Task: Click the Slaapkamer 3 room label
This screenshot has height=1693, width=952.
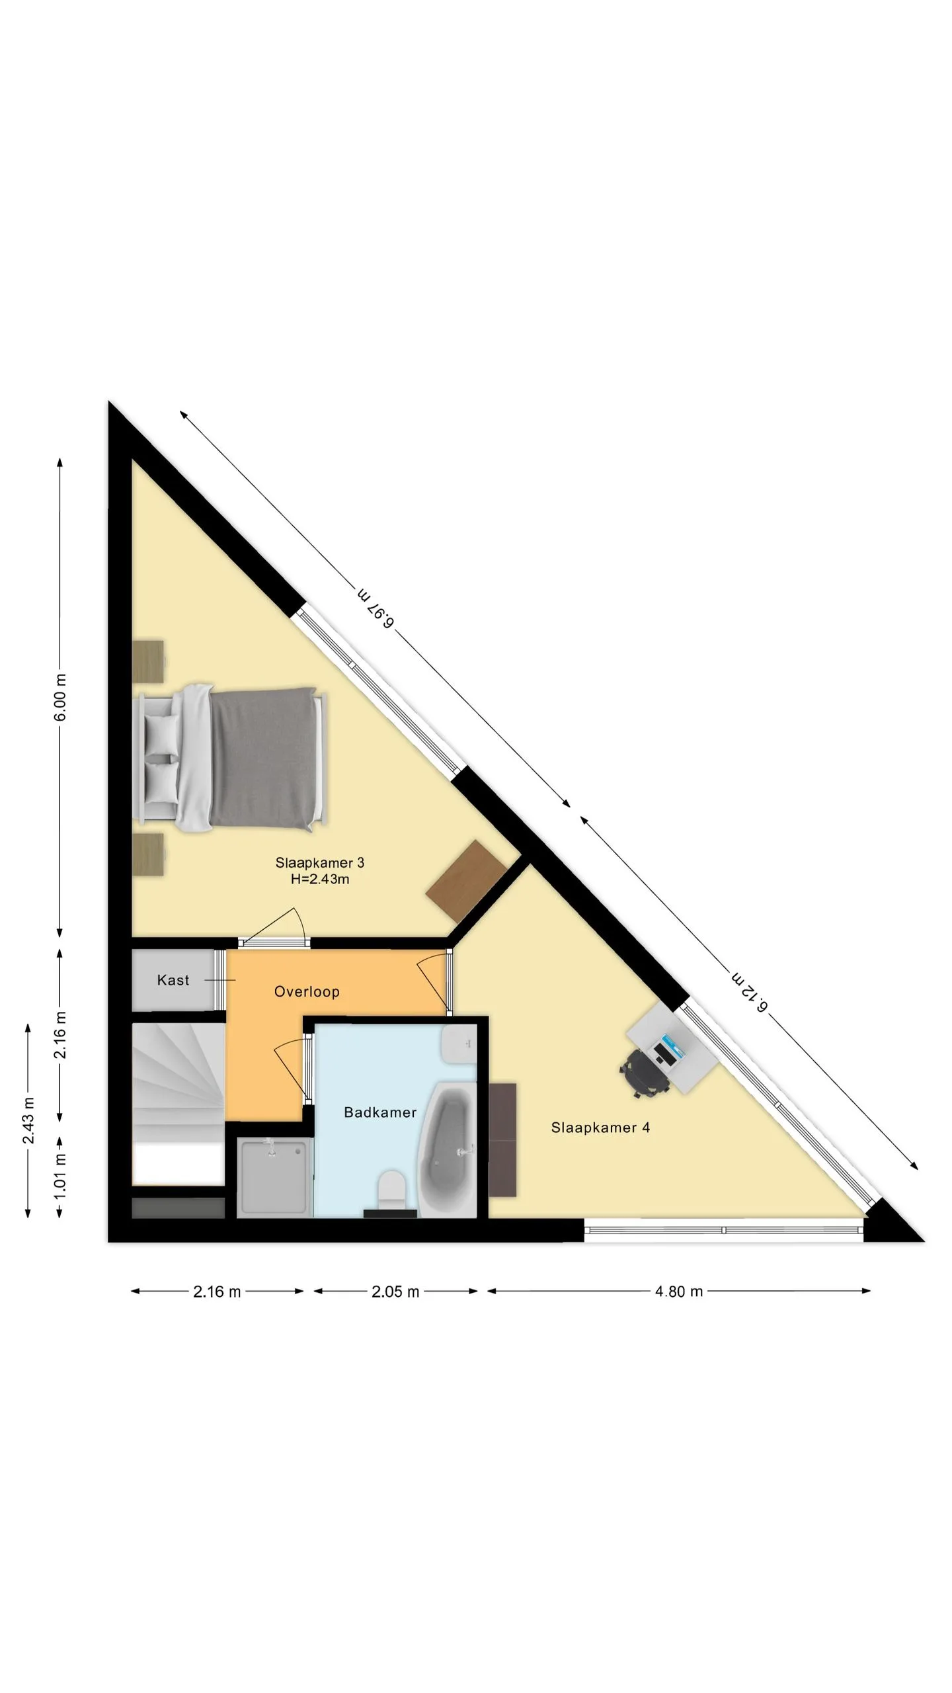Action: tap(319, 862)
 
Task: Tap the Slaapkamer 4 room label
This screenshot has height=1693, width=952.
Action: tap(600, 1128)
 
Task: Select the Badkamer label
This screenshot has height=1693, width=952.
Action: tap(380, 1112)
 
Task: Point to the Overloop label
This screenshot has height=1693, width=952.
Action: tap(307, 991)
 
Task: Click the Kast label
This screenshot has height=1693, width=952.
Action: tap(173, 980)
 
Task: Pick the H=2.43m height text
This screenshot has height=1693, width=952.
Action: tap(320, 879)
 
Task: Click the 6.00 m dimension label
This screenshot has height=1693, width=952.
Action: tap(60, 698)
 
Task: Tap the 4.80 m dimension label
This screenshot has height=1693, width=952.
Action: tap(679, 1292)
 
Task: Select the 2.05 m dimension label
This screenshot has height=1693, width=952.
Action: tap(395, 1292)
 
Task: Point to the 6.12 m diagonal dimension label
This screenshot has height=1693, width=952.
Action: tap(750, 991)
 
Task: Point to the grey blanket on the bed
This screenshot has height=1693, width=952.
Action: tap(263, 759)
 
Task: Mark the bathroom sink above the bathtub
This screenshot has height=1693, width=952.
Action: tap(459, 1044)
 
